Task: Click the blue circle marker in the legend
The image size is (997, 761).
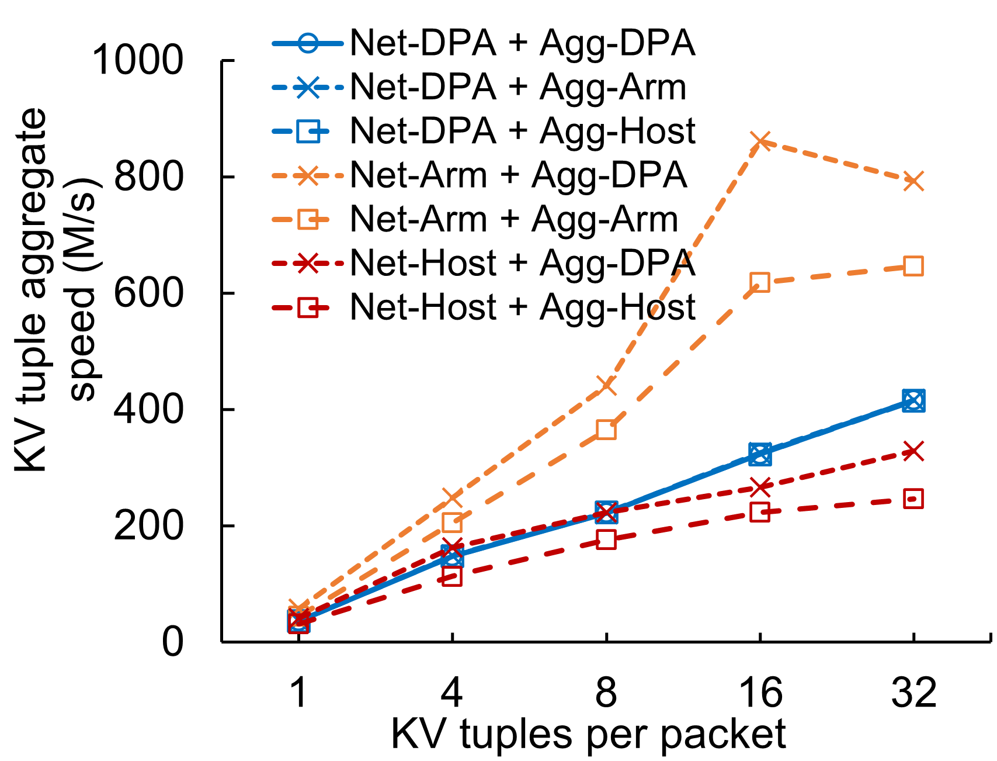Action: click(x=308, y=43)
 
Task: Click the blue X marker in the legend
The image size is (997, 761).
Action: click(x=308, y=88)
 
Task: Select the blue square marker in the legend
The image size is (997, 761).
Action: click(x=308, y=132)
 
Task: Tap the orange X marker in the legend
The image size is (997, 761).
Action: click(x=308, y=175)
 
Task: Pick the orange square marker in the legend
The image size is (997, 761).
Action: click(x=308, y=220)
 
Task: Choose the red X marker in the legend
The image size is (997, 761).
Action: click(x=308, y=264)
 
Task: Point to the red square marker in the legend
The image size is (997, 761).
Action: click(x=308, y=307)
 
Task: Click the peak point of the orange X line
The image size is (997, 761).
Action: click(x=760, y=140)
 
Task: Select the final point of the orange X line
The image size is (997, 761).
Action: click(x=913, y=181)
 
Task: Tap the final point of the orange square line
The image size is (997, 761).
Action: click(x=913, y=266)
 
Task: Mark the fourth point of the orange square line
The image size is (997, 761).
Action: click(x=760, y=282)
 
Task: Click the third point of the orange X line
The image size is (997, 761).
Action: click(x=606, y=385)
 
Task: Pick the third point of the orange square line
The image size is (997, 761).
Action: click(x=606, y=429)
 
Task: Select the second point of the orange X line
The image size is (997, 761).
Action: click(x=452, y=498)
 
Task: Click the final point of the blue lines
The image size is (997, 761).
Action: click(x=913, y=400)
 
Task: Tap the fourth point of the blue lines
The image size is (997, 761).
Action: click(x=760, y=454)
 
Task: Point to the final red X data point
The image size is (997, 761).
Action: click(x=913, y=451)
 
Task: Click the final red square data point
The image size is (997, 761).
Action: click(x=913, y=499)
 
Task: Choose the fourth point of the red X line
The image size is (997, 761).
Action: click(x=760, y=487)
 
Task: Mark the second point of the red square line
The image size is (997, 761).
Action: click(x=452, y=576)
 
